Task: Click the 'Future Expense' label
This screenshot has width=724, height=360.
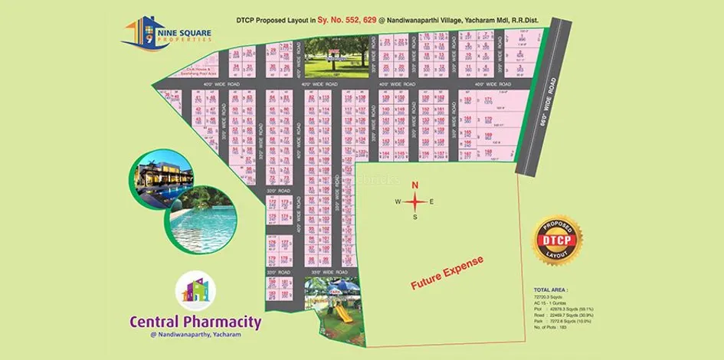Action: click(447, 273)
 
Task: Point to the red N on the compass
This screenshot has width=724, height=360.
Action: click(415, 185)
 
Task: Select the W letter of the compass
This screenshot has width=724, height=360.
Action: click(398, 201)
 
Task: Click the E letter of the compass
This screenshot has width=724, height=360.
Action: click(432, 201)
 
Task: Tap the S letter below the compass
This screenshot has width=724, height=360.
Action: click(415, 217)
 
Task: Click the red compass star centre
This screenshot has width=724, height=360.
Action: click(415, 201)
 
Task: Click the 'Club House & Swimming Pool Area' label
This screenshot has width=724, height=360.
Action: click(196, 71)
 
